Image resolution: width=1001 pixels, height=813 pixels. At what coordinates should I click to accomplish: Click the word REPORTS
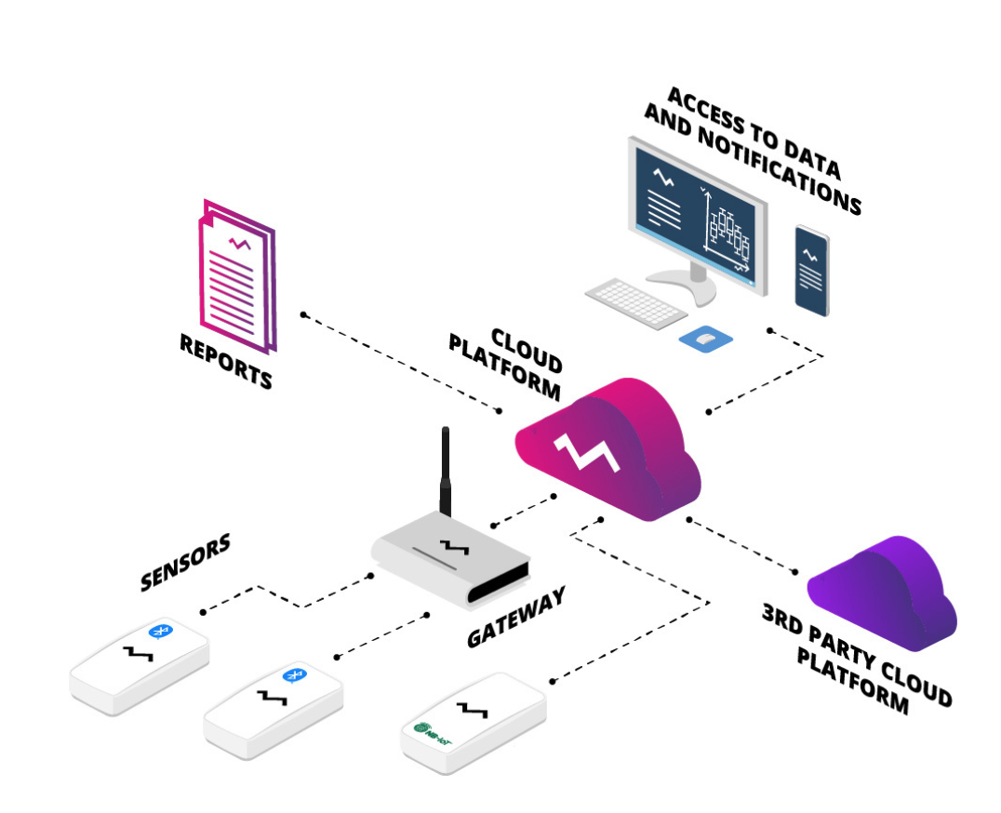point(226,361)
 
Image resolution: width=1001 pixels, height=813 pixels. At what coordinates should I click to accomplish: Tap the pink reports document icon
point(237,276)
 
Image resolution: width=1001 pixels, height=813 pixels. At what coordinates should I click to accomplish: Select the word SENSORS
point(185,562)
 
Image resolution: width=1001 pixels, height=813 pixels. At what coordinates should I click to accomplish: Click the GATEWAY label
point(516,617)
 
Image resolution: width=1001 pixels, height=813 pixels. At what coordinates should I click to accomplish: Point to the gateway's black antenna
point(446,471)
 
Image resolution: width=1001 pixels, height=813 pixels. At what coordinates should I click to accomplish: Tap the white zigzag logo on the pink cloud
point(587,452)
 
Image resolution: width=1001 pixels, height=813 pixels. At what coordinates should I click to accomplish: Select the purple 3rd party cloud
point(883,593)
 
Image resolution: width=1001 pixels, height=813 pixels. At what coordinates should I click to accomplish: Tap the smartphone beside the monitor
point(811,271)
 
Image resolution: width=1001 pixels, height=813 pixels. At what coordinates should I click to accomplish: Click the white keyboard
point(635,303)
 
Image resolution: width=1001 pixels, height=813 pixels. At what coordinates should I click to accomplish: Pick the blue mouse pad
point(705,339)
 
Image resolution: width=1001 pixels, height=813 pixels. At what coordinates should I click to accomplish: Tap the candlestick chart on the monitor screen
point(727,233)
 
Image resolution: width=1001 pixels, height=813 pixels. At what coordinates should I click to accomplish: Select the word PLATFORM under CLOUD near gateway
point(504,367)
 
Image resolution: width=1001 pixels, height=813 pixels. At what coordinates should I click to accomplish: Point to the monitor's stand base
point(682,287)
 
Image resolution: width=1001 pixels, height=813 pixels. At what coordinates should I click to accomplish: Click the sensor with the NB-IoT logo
point(474,723)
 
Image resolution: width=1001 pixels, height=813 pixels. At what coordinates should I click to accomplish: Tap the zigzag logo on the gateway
point(455,547)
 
